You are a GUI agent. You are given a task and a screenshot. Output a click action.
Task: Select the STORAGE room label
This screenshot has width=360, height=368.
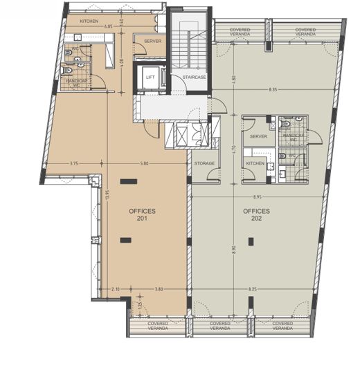tap(204, 163)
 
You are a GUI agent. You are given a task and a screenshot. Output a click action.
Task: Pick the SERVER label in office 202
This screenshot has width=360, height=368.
tap(259, 138)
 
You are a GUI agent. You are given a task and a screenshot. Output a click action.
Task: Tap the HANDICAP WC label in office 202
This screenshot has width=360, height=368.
tap(295, 138)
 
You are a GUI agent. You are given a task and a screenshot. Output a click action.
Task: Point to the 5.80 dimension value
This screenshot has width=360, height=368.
tap(143, 164)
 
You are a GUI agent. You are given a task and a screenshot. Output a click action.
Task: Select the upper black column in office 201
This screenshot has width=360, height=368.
tap(127, 182)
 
